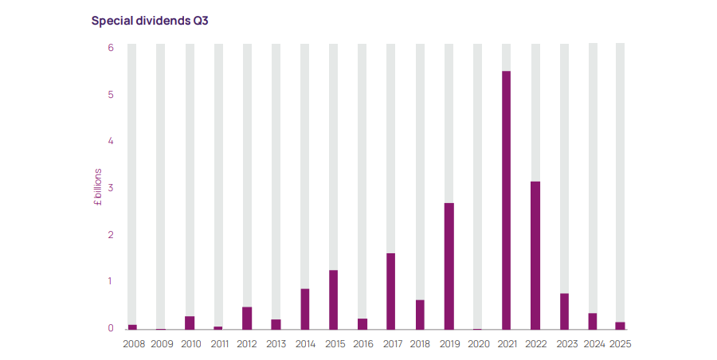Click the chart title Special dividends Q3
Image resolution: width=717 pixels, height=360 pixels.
[149, 21]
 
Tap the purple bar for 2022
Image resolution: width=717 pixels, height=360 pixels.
[535, 255]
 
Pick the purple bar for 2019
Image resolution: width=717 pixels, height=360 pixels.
[449, 265]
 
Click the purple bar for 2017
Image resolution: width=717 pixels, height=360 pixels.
[391, 291]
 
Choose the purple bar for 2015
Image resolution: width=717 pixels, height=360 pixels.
[334, 299]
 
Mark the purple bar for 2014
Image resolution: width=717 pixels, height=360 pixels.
[305, 308]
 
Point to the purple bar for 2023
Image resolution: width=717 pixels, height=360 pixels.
[564, 311]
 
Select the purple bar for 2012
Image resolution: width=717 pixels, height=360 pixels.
[247, 317]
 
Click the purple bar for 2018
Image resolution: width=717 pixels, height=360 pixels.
[420, 314]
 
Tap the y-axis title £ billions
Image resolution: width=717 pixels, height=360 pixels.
[97, 188]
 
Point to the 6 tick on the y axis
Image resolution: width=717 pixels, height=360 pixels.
[111, 48]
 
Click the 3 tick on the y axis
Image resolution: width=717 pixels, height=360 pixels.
[111, 188]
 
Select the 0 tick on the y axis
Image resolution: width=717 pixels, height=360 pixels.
[111, 328]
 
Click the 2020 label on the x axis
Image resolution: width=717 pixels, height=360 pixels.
[478, 344]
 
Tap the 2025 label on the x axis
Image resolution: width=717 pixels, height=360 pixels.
[620, 344]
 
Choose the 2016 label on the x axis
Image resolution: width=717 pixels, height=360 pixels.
[362, 344]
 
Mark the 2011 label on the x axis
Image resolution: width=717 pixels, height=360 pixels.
[218, 344]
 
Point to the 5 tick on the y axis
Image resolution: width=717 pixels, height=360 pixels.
[111, 95]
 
